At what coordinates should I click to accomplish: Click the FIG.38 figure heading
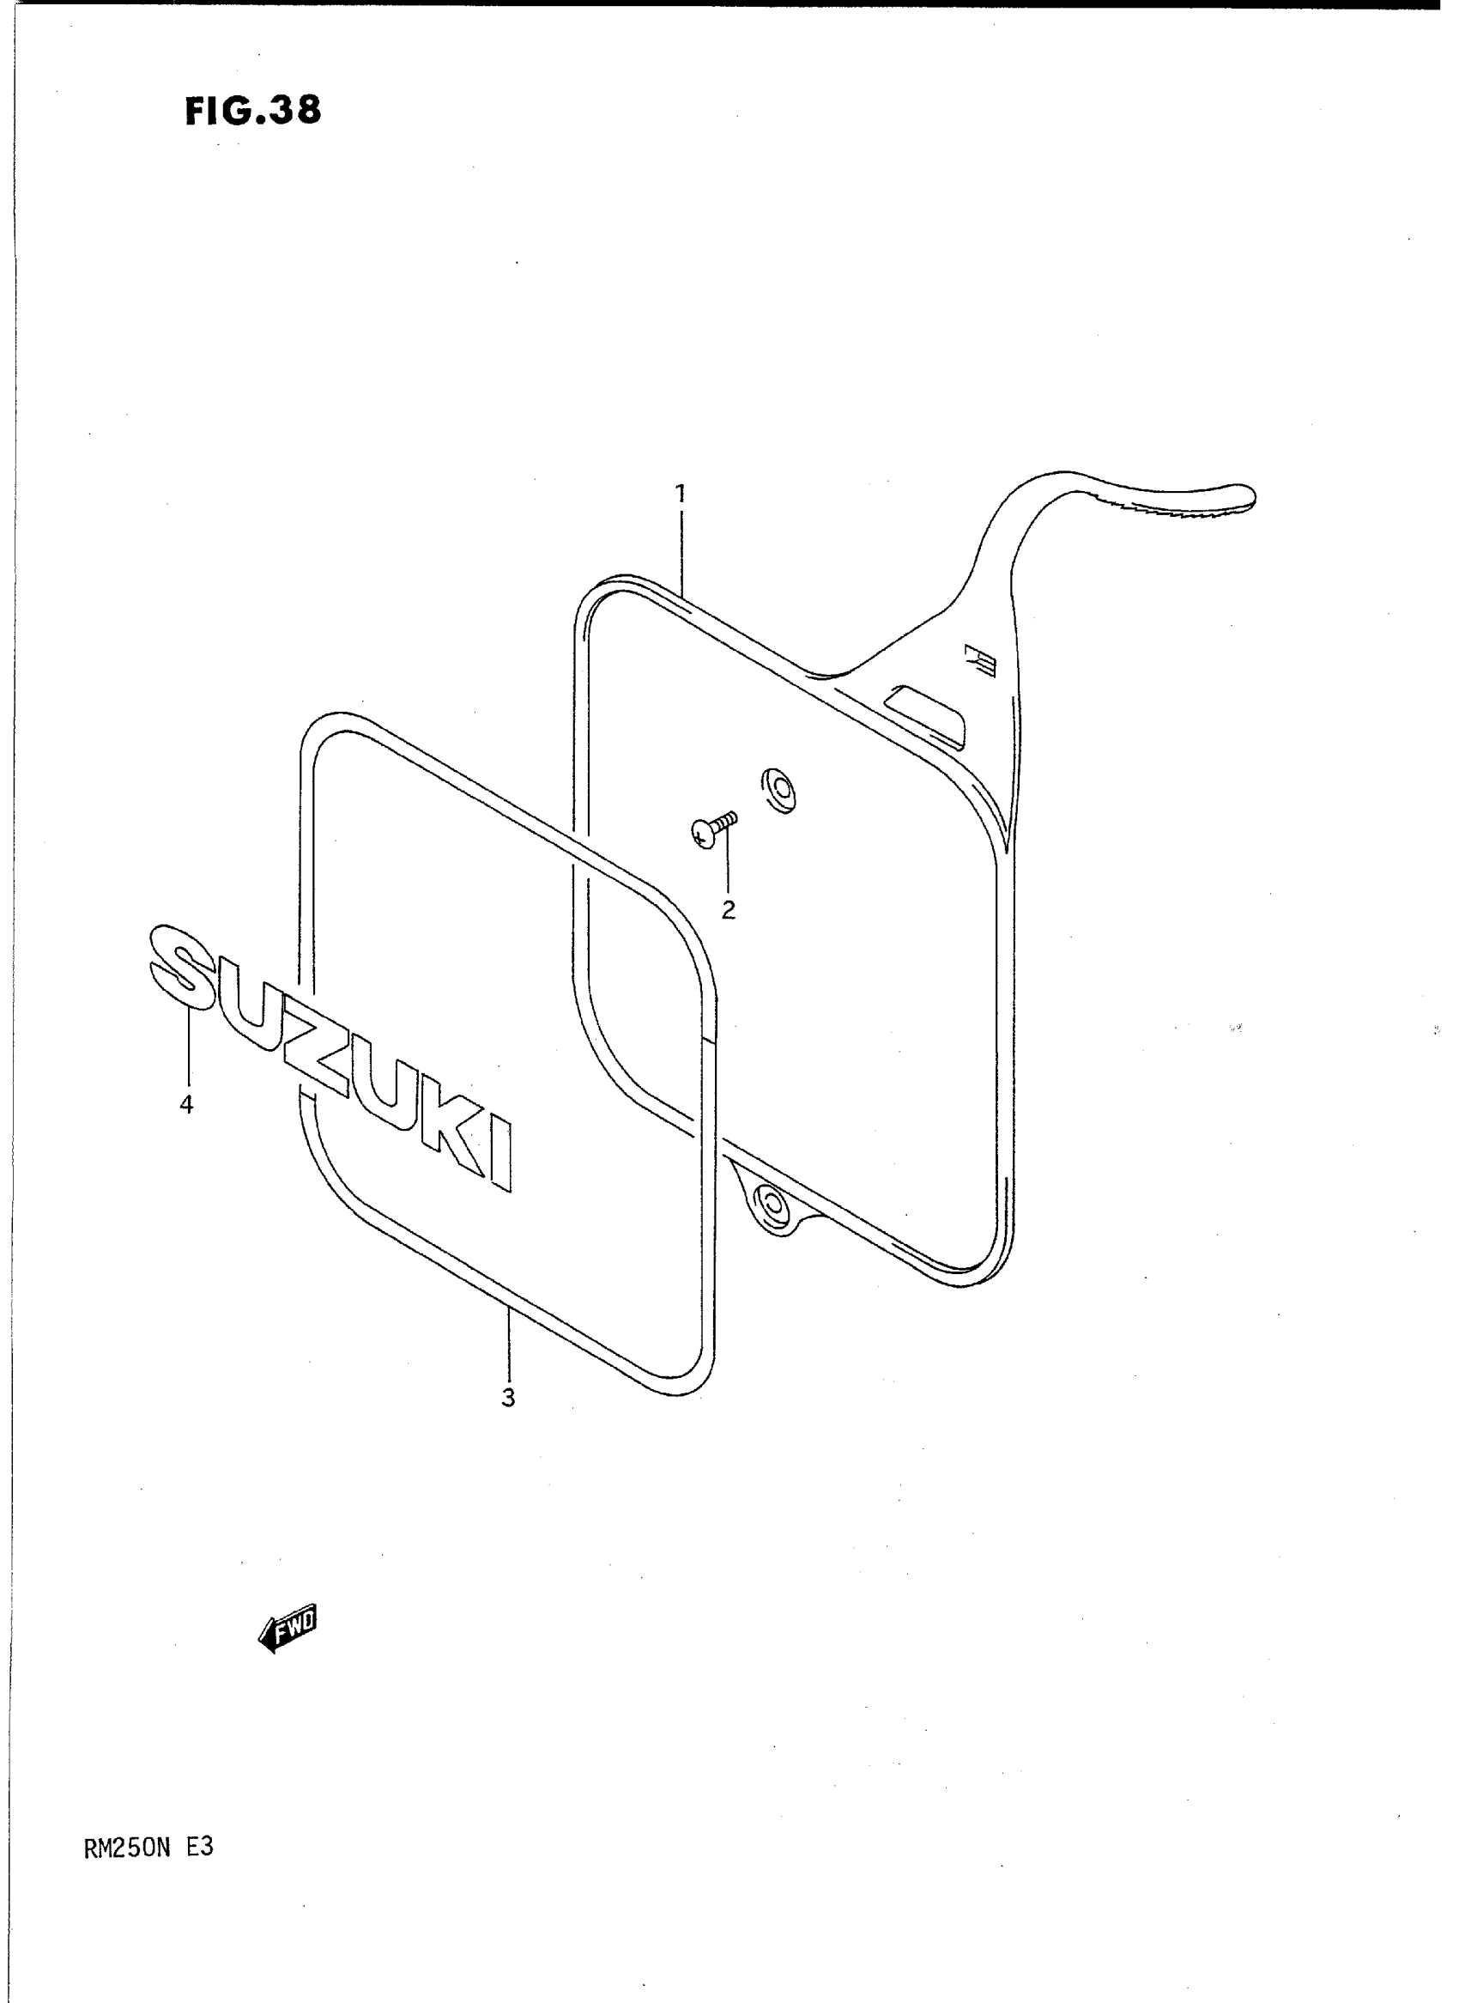pos(253,112)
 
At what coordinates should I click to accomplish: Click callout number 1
pos(680,495)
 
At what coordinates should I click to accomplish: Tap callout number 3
pos(508,1399)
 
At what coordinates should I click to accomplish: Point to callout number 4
pos(186,1104)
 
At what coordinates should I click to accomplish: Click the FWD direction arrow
pos(287,1627)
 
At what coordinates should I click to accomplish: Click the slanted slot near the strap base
pos(925,707)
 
